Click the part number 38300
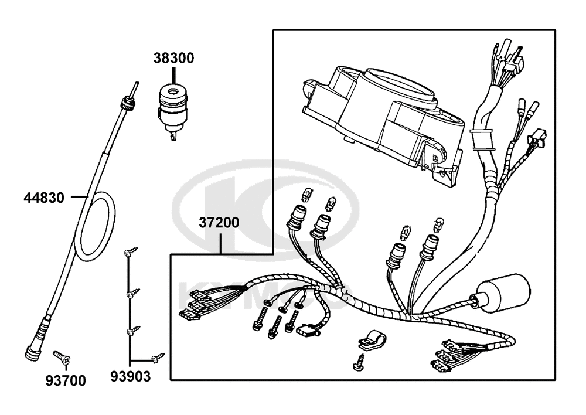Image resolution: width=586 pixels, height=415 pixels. pos(174,58)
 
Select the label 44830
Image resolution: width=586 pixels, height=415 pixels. pos(44,198)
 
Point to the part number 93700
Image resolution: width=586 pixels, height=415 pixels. pos(66,380)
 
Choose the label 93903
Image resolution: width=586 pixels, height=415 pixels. pos(130,376)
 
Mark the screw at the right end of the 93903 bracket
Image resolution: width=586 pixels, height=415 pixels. pos(158,357)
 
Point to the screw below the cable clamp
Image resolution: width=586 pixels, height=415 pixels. pos(359,362)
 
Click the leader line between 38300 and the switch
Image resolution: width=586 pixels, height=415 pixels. pos(174,74)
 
